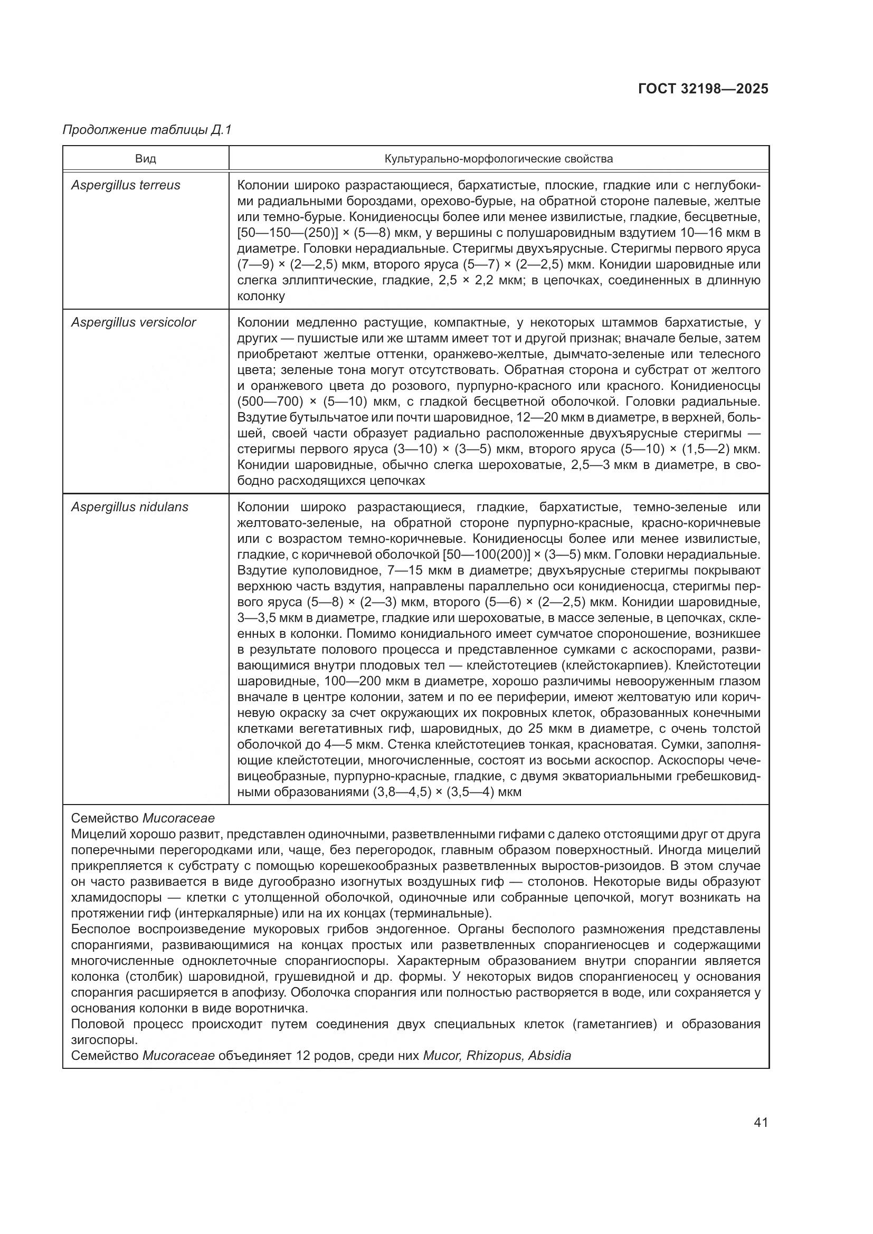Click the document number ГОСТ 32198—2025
703,89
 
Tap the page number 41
761,1122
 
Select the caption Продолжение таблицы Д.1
147,130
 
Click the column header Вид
146,159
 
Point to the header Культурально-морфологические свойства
498,159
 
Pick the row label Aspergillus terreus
126,185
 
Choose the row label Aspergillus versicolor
134,322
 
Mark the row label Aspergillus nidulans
129,507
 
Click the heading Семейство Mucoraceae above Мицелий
143,818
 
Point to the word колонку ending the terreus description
261,296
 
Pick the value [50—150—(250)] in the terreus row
288,233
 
